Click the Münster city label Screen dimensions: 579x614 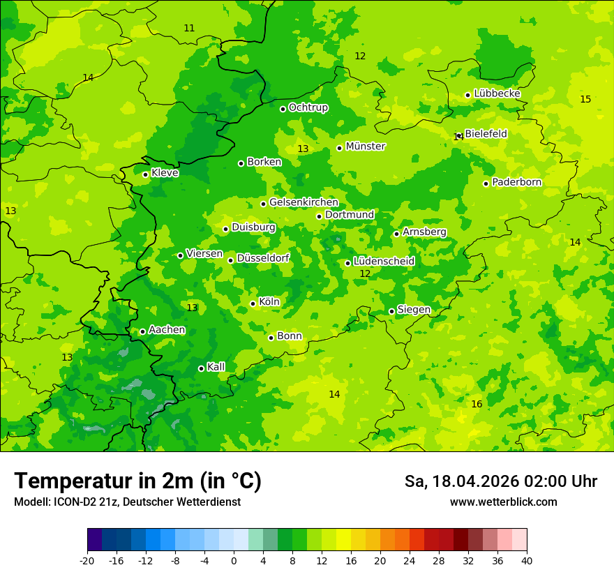pyautogui.click(x=365, y=146)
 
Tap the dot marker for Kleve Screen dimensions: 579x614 pyautogui.click(x=145, y=174)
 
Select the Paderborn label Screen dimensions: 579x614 pyautogui.click(x=516, y=182)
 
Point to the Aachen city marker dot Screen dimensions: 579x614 pyautogui.click(x=142, y=331)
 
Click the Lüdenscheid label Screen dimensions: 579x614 pyautogui.click(x=384, y=262)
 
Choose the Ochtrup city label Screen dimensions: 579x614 pyautogui.click(x=308, y=107)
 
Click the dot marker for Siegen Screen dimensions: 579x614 pyautogui.click(x=391, y=311)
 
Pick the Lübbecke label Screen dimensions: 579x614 pyautogui.click(x=497, y=93)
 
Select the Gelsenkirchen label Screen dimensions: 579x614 pyautogui.click(x=304, y=202)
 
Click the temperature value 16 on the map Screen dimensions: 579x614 pyautogui.click(x=477, y=405)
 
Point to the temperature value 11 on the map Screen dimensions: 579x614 pyautogui.click(x=189, y=29)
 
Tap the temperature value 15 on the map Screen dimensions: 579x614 pyautogui.click(x=585, y=100)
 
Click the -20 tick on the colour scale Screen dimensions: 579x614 pyautogui.click(x=87, y=560)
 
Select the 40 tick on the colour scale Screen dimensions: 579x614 pyautogui.click(x=526, y=560)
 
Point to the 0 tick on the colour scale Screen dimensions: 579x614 pyautogui.click(x=234, y=560)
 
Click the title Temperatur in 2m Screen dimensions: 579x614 pyautogui.click(x=137, y=481)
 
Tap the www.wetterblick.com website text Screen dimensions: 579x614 pyautogui.click(x=503, y=502)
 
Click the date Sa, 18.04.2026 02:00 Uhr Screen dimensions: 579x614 pyautogui.click(x=500, y=481)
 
